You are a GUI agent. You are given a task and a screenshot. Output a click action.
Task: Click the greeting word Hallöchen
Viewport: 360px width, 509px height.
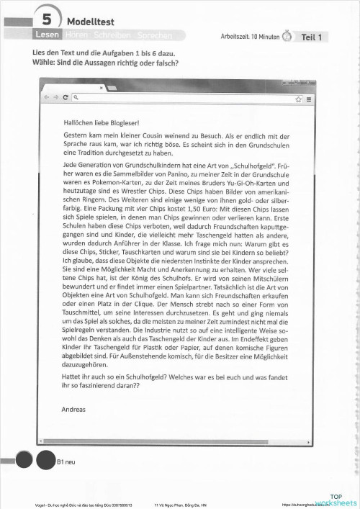[78, 123]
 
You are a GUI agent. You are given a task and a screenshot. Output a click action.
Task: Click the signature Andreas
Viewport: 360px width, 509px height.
[74, 409]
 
